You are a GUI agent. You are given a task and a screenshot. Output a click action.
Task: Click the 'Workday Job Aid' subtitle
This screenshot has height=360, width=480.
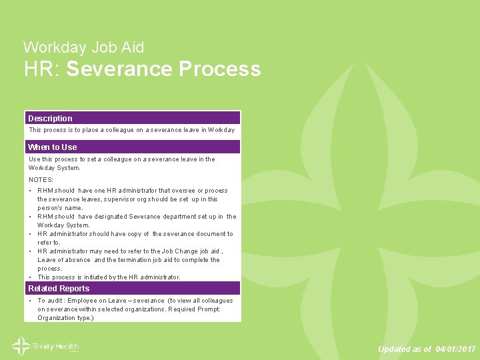click(83, 47)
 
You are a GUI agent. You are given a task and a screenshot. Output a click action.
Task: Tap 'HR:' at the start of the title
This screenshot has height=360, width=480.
click(42, 69)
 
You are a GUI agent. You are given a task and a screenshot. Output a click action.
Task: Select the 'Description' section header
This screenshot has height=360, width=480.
click(50, 118)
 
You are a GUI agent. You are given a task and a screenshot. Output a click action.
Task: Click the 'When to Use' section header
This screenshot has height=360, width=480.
click(52, 147)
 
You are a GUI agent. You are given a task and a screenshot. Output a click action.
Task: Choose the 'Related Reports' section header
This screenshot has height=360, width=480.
click(59, 289)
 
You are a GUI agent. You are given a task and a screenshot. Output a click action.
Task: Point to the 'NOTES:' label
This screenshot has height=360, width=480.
click(41, 180)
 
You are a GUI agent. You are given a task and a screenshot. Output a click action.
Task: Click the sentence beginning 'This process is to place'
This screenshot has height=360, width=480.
click(131, 130)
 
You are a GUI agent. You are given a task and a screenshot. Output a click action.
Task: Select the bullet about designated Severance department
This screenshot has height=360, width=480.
click(136, 221)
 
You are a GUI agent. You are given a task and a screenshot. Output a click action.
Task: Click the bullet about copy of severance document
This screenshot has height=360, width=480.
click(135, 238)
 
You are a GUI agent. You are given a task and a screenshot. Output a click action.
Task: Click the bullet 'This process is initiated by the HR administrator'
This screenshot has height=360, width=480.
click(109, 277)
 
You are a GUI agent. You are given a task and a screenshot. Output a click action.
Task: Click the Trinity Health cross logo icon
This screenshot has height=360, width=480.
click(20, 347)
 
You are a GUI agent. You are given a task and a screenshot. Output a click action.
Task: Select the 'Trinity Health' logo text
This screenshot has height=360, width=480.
click(56, 347)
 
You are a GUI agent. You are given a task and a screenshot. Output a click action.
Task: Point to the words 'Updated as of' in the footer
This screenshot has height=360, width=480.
click(405, 349)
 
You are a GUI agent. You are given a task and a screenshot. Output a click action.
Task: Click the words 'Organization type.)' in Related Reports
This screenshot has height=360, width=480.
click(65, 318)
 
